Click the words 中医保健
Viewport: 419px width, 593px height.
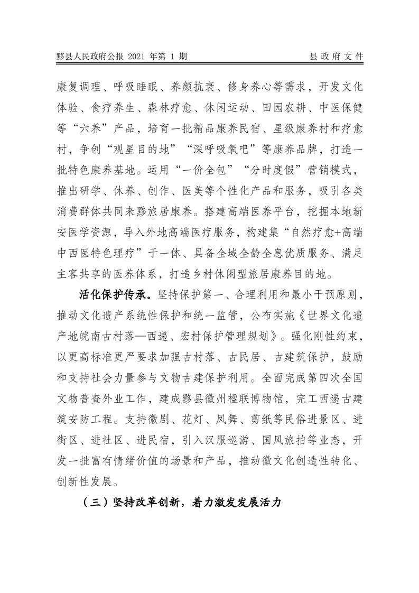point(341,109)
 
